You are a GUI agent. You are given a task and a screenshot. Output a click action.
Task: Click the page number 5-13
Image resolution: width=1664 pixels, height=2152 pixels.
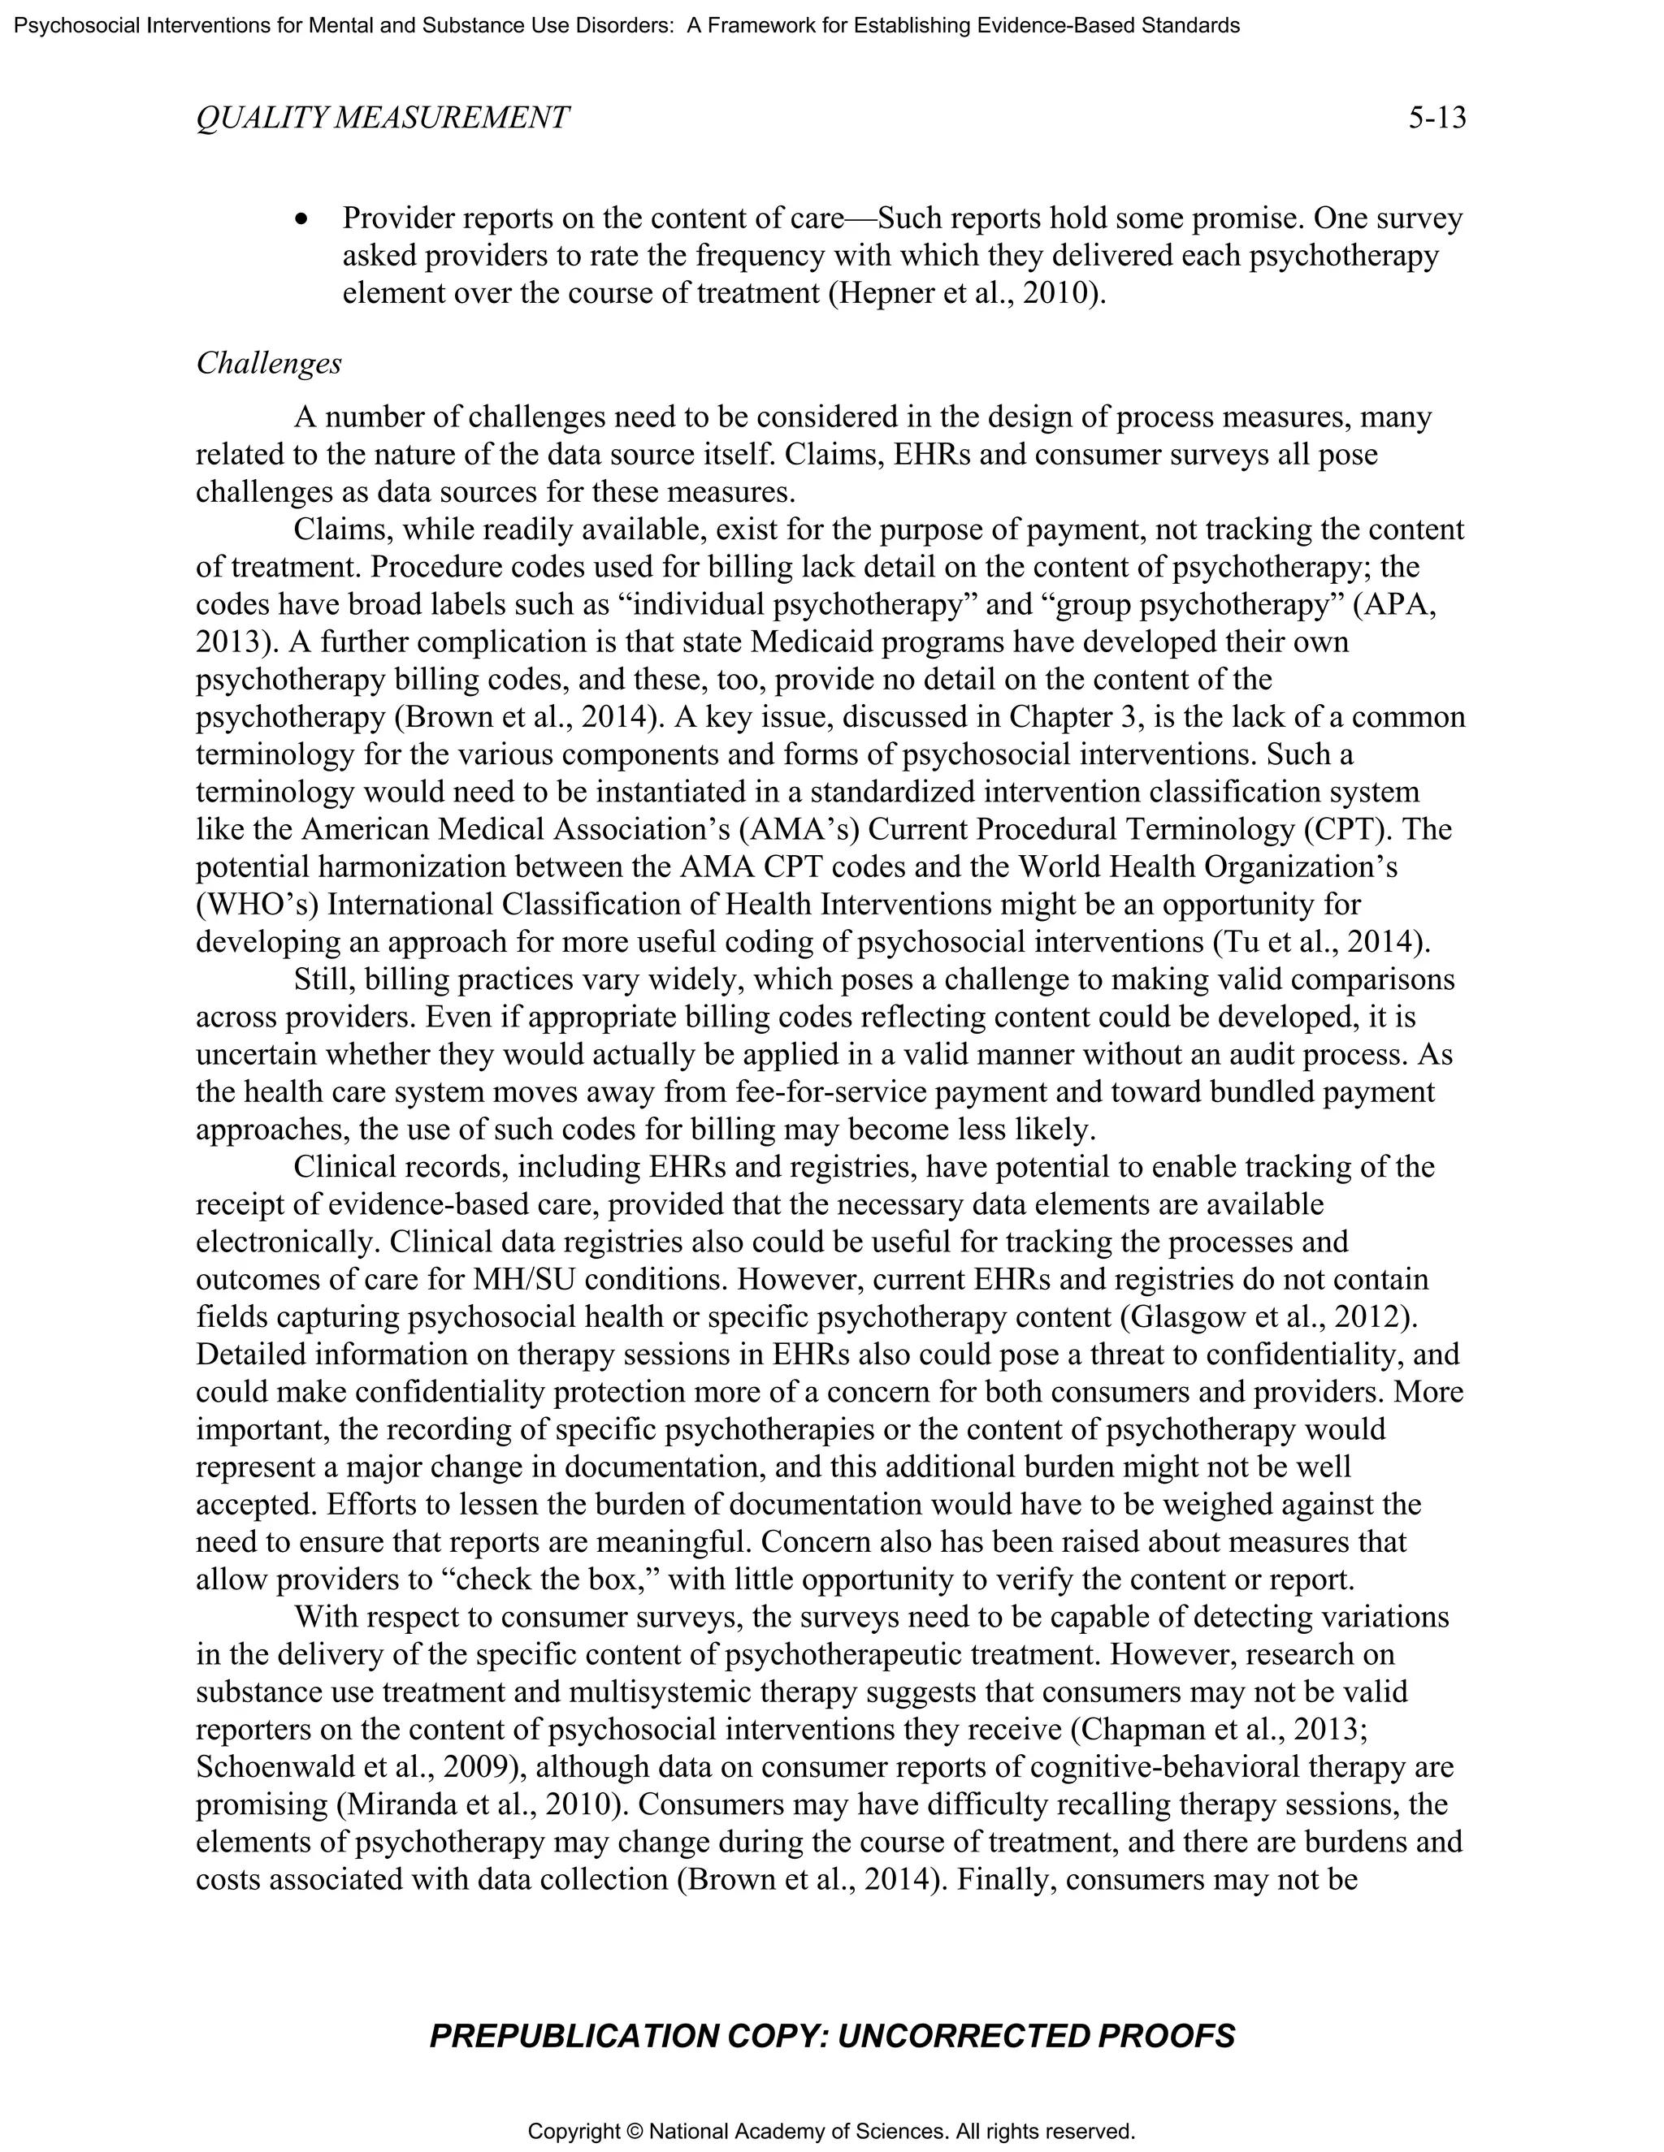(x=1436, y=119)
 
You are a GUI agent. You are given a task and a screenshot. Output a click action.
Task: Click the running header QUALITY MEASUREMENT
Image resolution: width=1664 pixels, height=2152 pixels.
(x=383, y=119)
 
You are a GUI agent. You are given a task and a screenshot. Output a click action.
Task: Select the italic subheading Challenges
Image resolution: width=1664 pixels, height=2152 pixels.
(x=268, y=364)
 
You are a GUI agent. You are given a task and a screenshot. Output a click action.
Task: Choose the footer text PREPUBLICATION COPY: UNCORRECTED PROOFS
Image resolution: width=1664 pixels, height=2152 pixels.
(x=832, y=2036)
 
